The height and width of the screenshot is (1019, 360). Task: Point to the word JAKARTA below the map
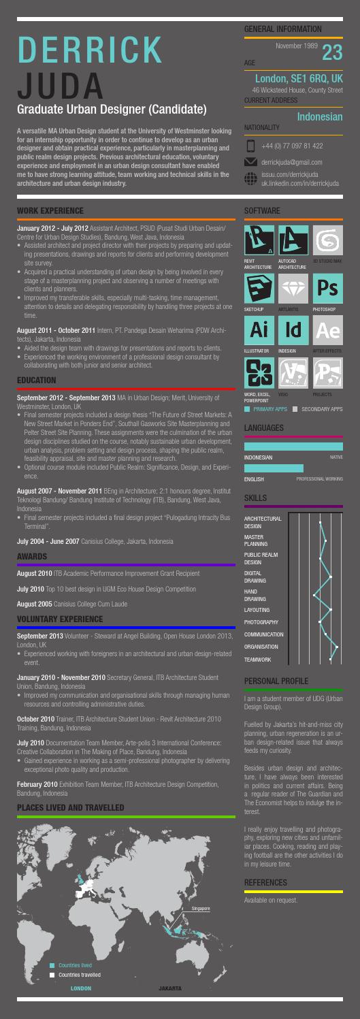pos(169,986)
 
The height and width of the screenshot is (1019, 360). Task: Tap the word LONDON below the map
pos(81,986)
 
